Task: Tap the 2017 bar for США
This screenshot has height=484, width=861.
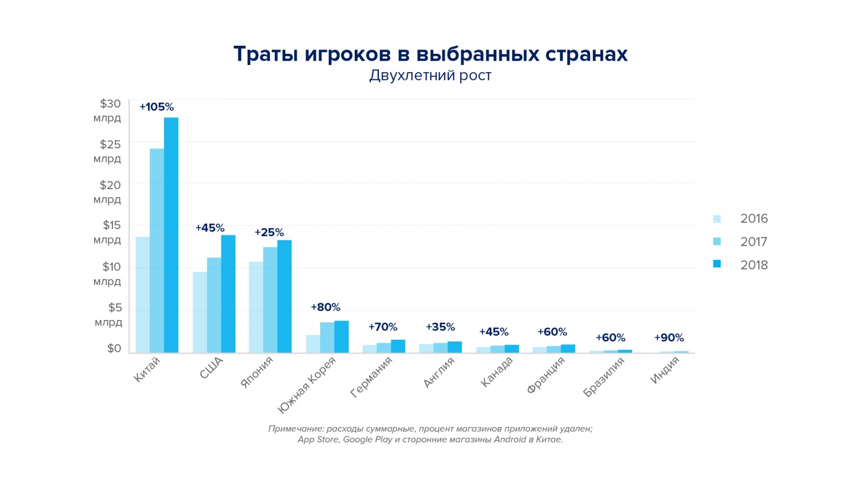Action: tap(214, 305)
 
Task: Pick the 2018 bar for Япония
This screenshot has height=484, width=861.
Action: tap(284, 296)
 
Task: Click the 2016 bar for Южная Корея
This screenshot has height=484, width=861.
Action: tap(313, 344)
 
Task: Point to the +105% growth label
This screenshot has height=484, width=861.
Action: tap(157, 107)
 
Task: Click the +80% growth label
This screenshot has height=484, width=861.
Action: tap(326, 307)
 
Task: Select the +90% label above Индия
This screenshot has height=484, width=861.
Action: tap(669, 338)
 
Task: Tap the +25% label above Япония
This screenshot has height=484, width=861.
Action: tap(269, 232)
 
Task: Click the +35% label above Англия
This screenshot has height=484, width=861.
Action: tap(440, 327)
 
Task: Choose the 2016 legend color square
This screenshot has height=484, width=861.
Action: tap(717, 219)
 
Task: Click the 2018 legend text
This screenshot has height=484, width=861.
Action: tap(754, 265)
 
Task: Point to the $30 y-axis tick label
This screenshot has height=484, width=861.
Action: tap(110, 104)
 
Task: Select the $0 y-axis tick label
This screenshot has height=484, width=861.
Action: tap(114, 348)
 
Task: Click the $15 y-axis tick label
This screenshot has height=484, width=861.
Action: tap(111, 225)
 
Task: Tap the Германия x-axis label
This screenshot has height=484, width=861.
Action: tap(371, 377)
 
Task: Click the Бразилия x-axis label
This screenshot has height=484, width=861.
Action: tap(604, 377)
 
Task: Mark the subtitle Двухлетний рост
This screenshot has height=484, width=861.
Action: tap(430, 75)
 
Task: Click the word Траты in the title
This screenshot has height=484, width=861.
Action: tap(265, 54)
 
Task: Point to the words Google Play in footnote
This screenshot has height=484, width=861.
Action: tap(366, 439)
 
